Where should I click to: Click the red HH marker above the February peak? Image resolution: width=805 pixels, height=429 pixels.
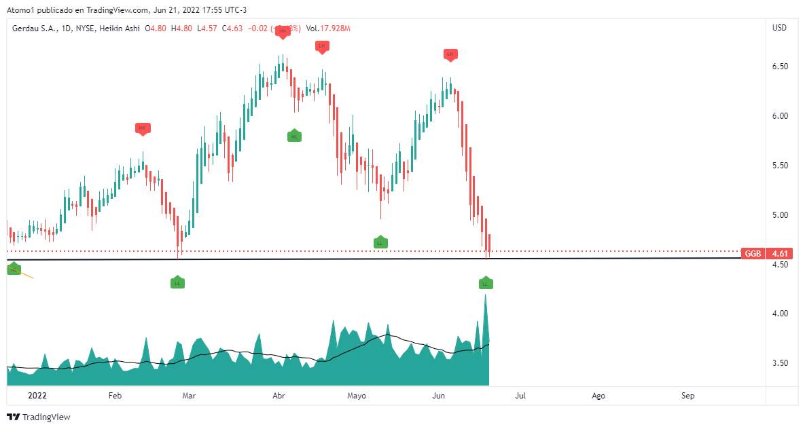(142, 128)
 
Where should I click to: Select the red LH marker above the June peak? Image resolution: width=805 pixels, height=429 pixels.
(450, 54)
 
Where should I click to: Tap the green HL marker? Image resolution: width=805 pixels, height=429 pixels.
(294, 136)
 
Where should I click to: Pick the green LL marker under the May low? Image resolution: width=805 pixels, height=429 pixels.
(380, 242)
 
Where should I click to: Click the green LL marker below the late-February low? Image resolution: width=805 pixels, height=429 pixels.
(177, 282)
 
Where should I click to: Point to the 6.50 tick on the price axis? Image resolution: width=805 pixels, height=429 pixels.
(779, 67)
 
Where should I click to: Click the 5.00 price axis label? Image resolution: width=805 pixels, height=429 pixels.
(779, 215)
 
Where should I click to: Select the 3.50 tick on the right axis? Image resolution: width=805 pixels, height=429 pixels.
(779, 363)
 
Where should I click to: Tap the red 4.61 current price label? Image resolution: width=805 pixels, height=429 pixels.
(781, 253)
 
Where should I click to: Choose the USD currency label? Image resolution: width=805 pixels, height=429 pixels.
(779, 28)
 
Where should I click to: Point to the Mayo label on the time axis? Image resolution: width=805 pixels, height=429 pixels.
(356, 395)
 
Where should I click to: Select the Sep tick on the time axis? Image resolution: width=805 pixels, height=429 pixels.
(688, 395)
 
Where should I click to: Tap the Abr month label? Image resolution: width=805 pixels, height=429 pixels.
(279, 395)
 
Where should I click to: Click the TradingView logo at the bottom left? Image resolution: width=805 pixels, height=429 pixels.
(39, 417)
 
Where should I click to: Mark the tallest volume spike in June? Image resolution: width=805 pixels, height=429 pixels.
(486, 296)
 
